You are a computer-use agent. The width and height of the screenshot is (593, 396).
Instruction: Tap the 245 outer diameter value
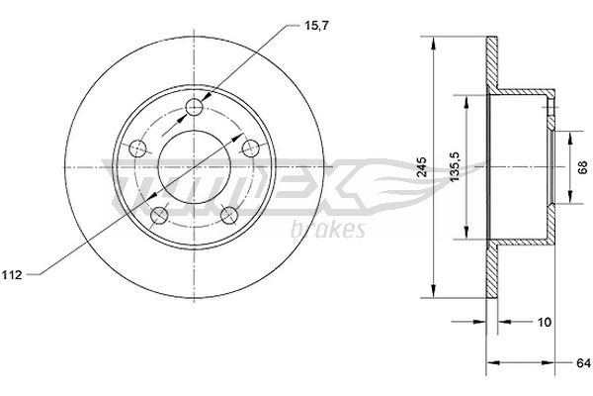pyautogui.click(x=422, y=167)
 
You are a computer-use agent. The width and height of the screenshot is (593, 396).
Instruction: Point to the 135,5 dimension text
pyautogui.click(x=453, y=166)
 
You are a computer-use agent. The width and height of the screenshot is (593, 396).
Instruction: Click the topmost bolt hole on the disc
pyautogui.click(x=196, y=107)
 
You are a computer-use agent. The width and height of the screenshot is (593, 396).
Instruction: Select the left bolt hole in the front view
pyautogui.click(x=137, y=149)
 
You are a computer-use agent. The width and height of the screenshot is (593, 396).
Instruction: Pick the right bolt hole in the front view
pyautogui.click(x=252, y=146)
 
